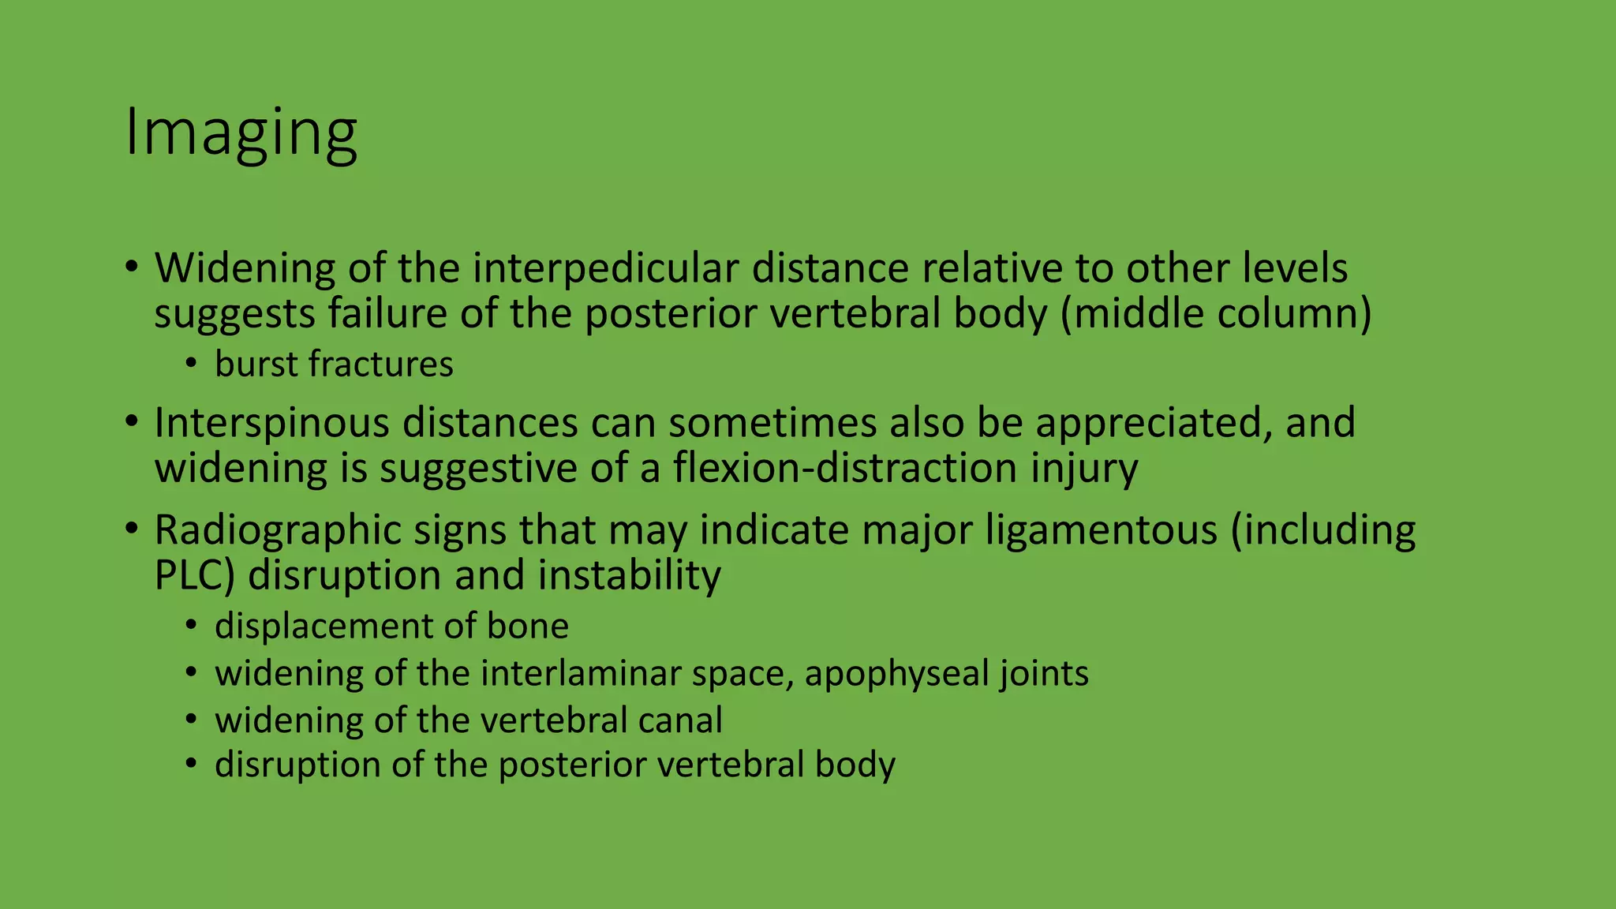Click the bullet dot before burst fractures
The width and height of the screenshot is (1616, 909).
(x=190, y=365)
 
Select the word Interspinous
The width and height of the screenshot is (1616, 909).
(x=272, y=423)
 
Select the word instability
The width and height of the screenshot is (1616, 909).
(x=630, y=576)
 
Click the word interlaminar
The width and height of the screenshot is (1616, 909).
(x=582, y=674)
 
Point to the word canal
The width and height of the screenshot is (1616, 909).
(x=679, y=720)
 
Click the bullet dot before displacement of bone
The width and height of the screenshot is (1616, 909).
(x=190, y=627)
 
